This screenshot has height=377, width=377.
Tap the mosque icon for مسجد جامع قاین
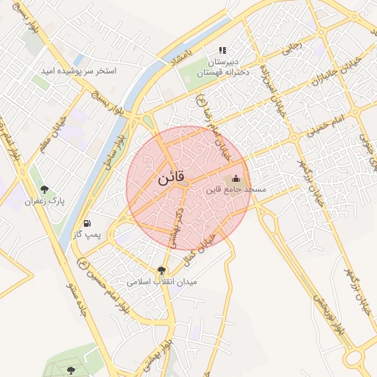coord(236,177)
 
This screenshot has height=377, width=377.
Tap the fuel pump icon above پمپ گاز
coord(88,222)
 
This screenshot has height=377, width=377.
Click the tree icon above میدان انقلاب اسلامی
coord(162,270)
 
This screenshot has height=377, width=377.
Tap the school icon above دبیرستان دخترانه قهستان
coord(222,50)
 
